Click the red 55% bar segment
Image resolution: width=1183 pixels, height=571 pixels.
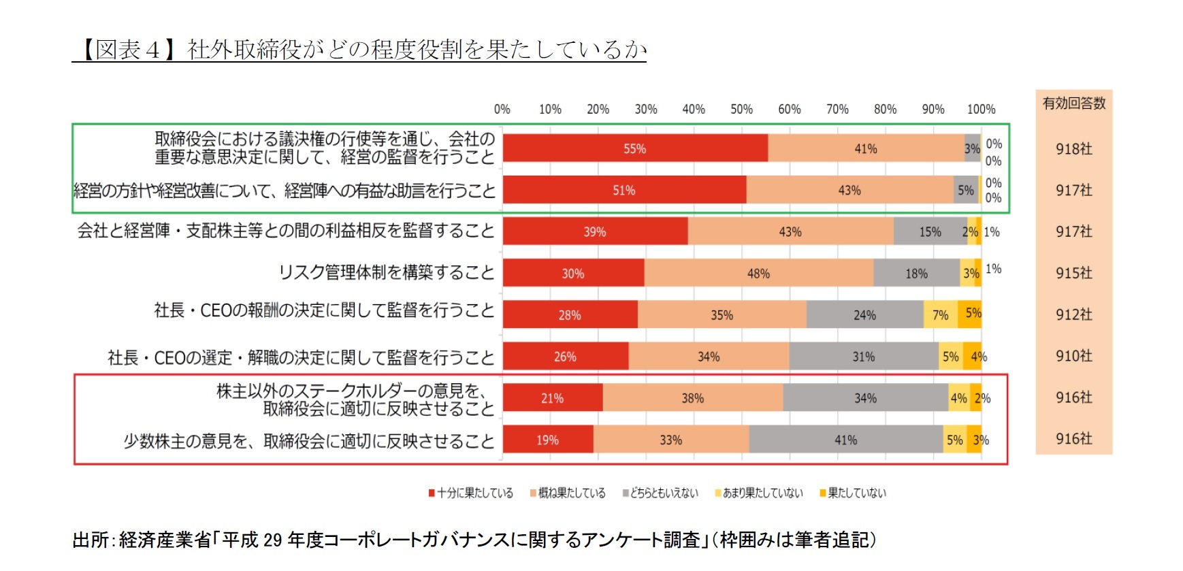pyautogui.click(x=635, y=148)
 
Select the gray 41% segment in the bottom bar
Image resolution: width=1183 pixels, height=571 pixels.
pyautogui.click(x=845, y=440)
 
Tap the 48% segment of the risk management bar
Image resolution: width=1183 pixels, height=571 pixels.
pyautogui.click(x=758, y=273)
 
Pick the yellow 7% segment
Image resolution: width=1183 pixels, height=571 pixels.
pyautogui.click(x=940, y=314)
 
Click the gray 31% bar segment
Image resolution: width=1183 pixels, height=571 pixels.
pyautogui.click(x=863, y=356)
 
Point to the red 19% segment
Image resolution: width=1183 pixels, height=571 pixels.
pyautogui.click(x=548, y=440)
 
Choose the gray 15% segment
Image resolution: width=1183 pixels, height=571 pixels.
pyautogui.click(x=930, y=231)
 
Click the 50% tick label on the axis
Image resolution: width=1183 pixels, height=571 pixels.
pyautogui.click(x=741, y=109)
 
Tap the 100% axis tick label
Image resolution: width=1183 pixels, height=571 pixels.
pyautogui.click(x=981, y=109)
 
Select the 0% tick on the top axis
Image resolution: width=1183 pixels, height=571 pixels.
pyautogui.click(x=502, y=109)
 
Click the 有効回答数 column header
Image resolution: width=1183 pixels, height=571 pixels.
pyautogui.click(x=1074, y=103)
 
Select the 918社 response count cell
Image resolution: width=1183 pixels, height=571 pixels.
pyautogui.click(x=1074, y=149)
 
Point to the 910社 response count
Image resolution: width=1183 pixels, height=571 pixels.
pyautogui.click(x=1074, y=356)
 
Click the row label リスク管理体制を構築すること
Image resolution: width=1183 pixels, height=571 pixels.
pyautogui.click(x=387, y=272)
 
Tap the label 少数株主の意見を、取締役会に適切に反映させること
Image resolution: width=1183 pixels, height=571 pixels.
pyautogui.click(x=309, y=441)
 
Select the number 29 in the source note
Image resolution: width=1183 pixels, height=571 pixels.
pyautogui.click(x=272, y=540)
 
